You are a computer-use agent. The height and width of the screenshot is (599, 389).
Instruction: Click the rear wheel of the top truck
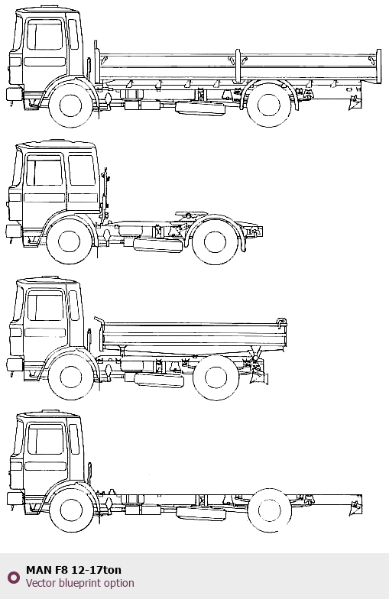click(x=269, y=105)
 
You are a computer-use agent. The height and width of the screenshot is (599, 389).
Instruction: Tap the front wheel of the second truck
click(x=69, y=241)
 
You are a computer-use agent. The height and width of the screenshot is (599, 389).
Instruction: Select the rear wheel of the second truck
click(x=216, y=241)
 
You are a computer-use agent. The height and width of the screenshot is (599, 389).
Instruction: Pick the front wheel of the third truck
click(x=70, y=377)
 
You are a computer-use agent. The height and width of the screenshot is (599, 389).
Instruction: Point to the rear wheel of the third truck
click(x=216, y=377)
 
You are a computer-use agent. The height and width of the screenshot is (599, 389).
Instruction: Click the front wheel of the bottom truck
click(x=72, y=510)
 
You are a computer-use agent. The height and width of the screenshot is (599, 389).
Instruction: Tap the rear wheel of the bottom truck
click(x=269, y=510)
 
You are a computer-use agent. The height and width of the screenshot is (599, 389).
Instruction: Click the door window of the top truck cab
click(x=44, y=35)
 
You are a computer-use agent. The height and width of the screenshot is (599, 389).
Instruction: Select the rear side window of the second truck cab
click(x=82, y=170)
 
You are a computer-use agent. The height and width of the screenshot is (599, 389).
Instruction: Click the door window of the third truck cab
click(x=45, y=306)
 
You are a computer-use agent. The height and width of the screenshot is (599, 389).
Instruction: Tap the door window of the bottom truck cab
click(x=46, y=439)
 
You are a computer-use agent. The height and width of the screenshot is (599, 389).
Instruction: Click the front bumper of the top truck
click(x=15, y=94)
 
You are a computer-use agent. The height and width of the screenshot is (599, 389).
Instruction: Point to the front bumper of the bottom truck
click(x=15, y=498)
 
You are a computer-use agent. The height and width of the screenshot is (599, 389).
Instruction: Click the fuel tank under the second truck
click(x=157, y=244)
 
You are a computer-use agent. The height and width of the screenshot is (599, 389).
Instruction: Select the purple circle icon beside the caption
click(x=14, y=578)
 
